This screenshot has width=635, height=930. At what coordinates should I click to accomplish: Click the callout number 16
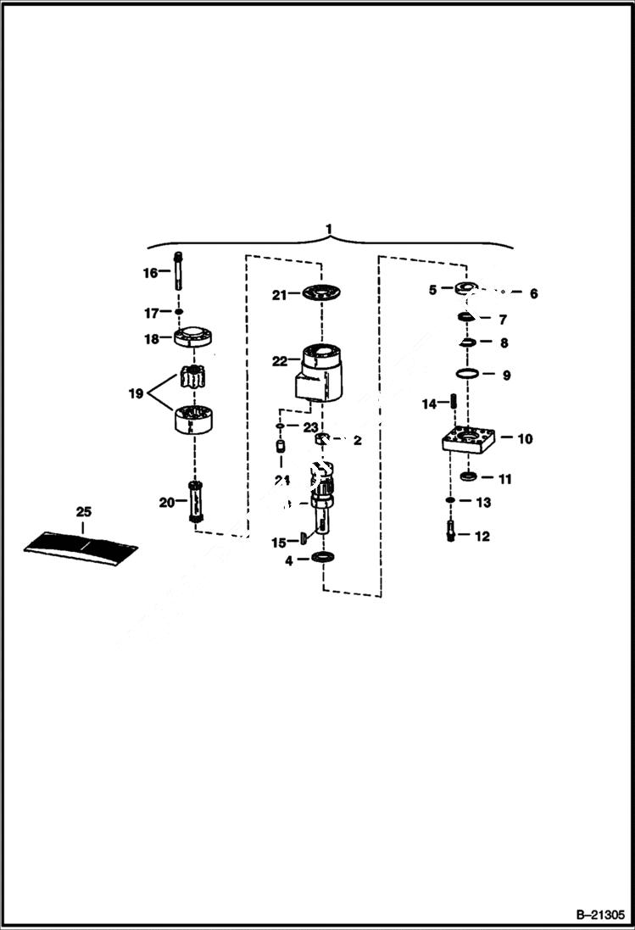[149, 273]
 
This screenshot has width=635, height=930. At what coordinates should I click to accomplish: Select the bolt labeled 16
[179, 270]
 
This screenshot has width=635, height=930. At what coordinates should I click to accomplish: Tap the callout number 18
[150, 339]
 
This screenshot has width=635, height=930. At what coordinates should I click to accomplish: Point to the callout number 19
[135, 393]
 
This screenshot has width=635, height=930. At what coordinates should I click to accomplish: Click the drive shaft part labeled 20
[196, 502]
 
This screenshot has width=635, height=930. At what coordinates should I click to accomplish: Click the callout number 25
[83, 512]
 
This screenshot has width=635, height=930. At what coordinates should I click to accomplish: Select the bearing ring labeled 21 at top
[322, 293]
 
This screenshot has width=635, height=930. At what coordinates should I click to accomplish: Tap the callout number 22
[280, 361]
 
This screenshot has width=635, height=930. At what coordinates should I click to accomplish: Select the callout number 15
[279, 543]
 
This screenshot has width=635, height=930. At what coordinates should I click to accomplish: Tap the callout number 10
[525, 438]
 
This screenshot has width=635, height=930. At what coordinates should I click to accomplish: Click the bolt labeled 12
[451, 534]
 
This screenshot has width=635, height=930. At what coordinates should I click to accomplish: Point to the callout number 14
[430, 404]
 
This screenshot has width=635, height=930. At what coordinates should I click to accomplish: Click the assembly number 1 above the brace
[330, 230]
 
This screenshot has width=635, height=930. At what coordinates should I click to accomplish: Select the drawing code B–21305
[599, 916]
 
